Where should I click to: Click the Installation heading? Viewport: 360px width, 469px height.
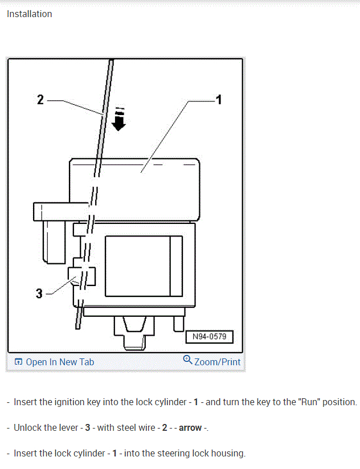[x=29, y=14]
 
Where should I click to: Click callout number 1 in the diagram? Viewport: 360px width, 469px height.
[x=219, y=100]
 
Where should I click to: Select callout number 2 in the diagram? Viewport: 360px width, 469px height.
[x=40, y=100]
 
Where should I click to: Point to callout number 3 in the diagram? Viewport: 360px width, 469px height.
[x=39, y=293]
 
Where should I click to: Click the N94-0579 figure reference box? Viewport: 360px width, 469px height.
[x=209, y=337]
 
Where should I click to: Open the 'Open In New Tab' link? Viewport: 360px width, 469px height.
[x=60, y=362]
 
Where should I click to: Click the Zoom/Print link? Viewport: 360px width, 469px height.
[x=218, y=362]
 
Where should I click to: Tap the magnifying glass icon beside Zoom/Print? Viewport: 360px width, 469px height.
[x=188, y=360]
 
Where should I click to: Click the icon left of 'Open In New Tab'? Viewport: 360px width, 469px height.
[x=18, y=362]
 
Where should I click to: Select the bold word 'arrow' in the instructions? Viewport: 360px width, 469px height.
[x=190, y=427]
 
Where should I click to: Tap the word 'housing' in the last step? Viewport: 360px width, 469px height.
[x=228, y=454]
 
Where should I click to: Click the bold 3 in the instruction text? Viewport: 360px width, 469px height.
[x=88, y=427]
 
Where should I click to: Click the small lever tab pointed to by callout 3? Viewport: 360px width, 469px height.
[x=81, y=277]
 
